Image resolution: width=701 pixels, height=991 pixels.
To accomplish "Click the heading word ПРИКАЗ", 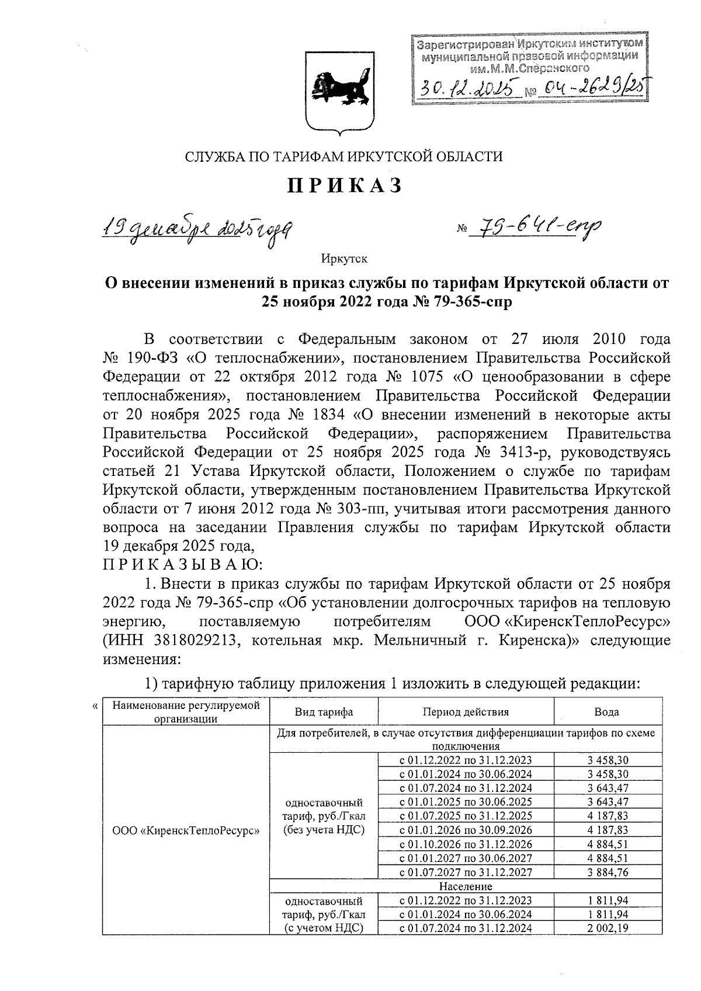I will click(344, 186).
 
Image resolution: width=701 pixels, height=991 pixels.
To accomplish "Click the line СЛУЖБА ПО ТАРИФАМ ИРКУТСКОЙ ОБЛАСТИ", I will click(343, 156).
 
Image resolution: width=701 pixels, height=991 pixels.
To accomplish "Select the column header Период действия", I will click(466, 712).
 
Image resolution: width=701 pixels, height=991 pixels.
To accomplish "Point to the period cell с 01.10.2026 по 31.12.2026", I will click(466, 844).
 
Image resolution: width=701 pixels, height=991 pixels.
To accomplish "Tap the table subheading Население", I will click(466, 886).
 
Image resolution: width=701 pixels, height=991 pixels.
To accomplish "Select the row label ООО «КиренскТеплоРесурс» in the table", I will click(186, 829).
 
